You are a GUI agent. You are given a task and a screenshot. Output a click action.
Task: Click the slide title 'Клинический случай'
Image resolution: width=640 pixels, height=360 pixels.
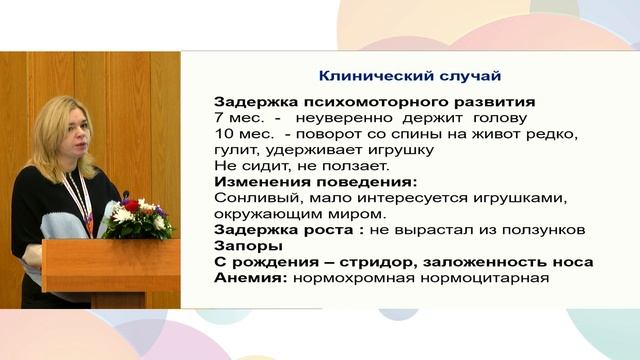click(409, 76)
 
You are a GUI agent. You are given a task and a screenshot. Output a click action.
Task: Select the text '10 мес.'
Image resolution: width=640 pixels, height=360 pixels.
click(240, 133)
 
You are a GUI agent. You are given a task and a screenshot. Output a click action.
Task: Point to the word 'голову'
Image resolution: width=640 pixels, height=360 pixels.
click(490, 117)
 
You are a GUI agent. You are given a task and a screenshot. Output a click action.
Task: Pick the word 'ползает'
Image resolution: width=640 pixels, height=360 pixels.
click(358, 165)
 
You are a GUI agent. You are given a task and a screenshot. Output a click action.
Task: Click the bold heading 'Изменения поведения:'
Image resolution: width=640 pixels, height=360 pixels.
click(301, 181)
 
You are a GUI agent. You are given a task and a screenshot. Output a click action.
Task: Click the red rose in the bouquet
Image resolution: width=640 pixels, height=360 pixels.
click(131, 205)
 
